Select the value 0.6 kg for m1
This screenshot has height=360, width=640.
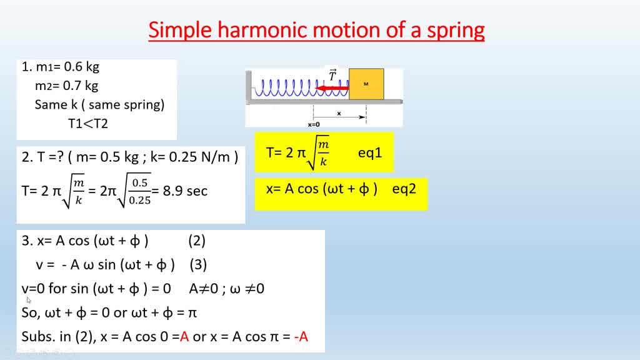81,67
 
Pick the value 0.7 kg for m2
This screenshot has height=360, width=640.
81,86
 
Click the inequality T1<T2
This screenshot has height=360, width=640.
88,123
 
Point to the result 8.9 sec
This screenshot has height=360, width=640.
185,191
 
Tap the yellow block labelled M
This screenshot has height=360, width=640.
366,84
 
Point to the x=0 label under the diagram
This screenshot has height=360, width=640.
314,124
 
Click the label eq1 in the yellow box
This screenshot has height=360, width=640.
370,152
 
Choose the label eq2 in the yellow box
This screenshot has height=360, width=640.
404,188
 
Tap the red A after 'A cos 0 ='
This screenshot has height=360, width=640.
184,337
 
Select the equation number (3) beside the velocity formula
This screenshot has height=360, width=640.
198,264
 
